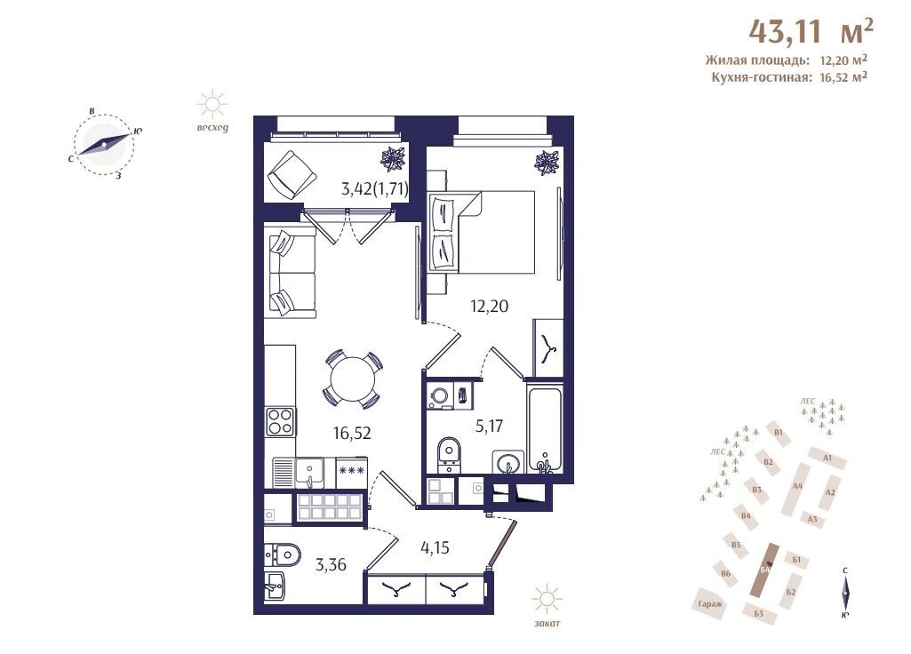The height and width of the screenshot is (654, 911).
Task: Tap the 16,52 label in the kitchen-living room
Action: click(352, 433)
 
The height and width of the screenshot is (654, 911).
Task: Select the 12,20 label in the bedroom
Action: click(489, 306)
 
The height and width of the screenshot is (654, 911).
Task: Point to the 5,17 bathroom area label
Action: click(489, 427)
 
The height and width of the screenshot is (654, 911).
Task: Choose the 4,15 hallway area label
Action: click(436, 547)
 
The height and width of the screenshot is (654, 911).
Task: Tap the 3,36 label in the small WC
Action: click(332, 564)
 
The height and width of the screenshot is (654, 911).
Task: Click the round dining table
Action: click(353, 379)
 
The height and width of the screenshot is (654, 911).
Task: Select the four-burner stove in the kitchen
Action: click(280, 422)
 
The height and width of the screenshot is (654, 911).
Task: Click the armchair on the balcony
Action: click(292, 174)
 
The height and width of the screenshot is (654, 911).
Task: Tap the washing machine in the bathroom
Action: click(441, 395)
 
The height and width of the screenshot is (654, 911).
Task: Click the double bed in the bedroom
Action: click(482, 232)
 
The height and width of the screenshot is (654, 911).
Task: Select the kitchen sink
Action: click(309, 473)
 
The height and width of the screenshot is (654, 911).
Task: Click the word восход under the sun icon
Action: click(212, 128)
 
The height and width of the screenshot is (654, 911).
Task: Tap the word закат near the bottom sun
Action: click(547, 624)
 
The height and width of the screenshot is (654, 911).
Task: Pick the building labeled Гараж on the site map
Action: click(710, 604)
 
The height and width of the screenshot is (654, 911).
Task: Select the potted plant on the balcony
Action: click(394, 158)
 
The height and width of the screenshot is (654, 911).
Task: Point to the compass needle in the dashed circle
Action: click(104, 144)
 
